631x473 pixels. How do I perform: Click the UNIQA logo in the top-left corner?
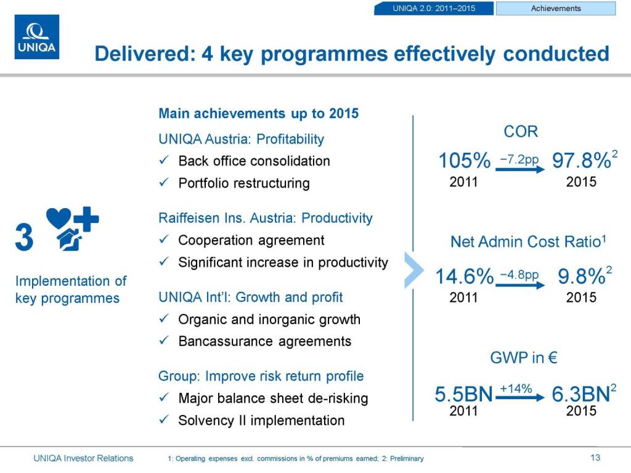tap(37, 37)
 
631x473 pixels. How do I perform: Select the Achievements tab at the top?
tap(556, 9)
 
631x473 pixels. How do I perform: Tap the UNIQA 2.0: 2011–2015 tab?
tap(434, 9)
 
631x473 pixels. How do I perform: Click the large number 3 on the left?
tap(24, 237)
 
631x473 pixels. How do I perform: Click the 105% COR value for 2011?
tap(465, 161)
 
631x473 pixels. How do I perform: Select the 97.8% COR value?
tap(582, 161)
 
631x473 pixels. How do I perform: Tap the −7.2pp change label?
tap(519, 160)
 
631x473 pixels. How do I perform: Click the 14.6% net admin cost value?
tap(465, 277)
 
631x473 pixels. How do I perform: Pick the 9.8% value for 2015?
tap(582, 277)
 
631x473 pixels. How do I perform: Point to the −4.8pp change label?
tap(519, 275)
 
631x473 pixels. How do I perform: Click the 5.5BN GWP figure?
tap(463, 394)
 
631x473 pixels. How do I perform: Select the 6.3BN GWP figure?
tap(580, 394)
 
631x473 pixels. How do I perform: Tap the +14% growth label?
tap(516, 389)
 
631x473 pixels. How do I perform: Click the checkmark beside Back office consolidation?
tap(164, 160)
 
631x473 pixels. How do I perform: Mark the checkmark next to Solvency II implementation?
tap(164, 419)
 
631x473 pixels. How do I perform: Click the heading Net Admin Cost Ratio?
tap(526, 241)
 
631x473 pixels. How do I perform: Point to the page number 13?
tap(595, 458)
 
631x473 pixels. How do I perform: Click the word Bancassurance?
tap(226, 341)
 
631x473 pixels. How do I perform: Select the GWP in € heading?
tap(524, 358)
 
